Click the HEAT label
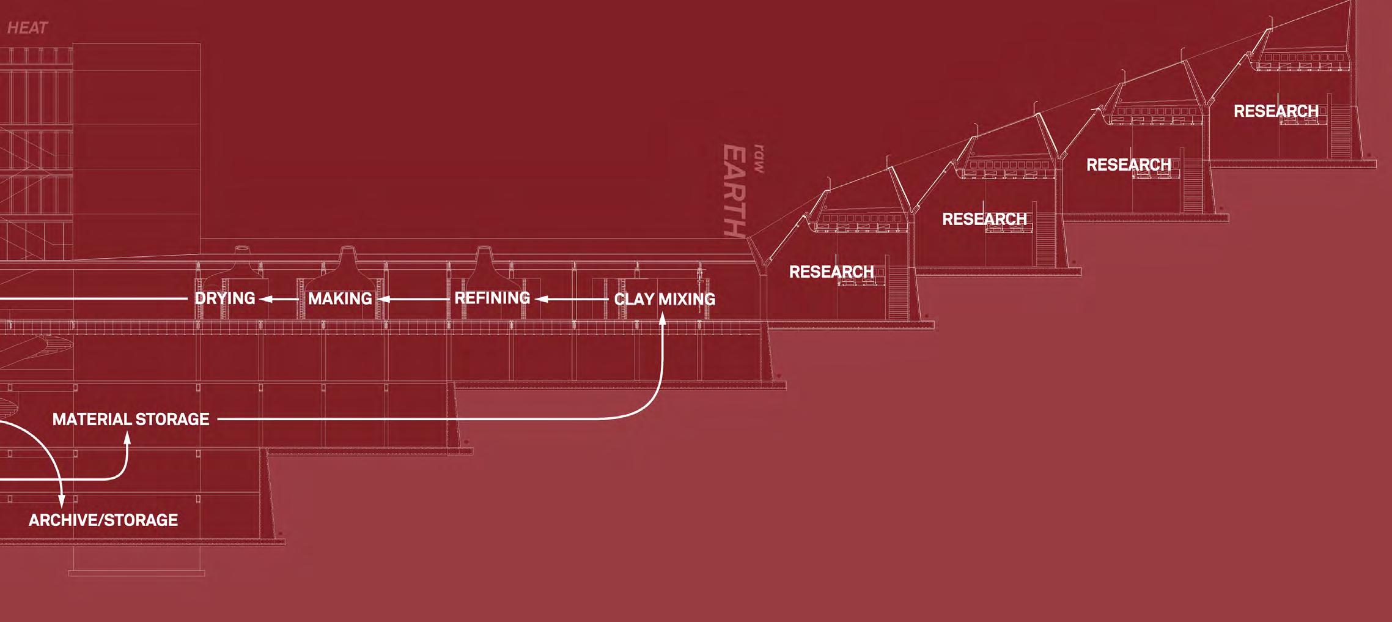(27, 28)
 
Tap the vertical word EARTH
(734, 190)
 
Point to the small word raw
(759, 159)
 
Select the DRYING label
(224, 298)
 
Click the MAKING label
(340, 298)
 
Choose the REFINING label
(492, 298)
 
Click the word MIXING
(687, 299)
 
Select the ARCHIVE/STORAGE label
(103, 520)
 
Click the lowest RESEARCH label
(831, 272)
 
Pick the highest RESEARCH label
(1276, 111)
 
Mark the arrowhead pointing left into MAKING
(384, 299)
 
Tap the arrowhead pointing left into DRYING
(265, 299)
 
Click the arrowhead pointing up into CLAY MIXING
(662, 318)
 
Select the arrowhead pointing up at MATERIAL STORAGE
(127, 438)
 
